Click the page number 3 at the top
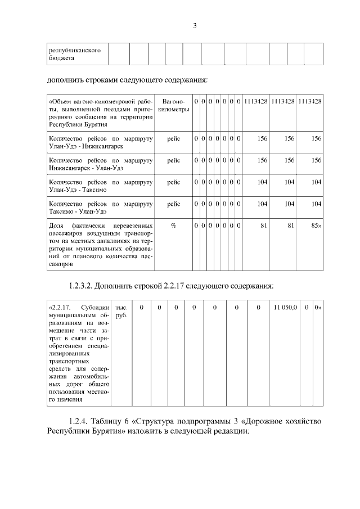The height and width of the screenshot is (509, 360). (195, 25)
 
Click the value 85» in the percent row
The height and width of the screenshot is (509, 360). (315, 226)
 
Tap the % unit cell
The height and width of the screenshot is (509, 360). (173, 226)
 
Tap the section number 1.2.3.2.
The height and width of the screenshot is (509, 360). (80, 286)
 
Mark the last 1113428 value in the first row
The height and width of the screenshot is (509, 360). (310, 101)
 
